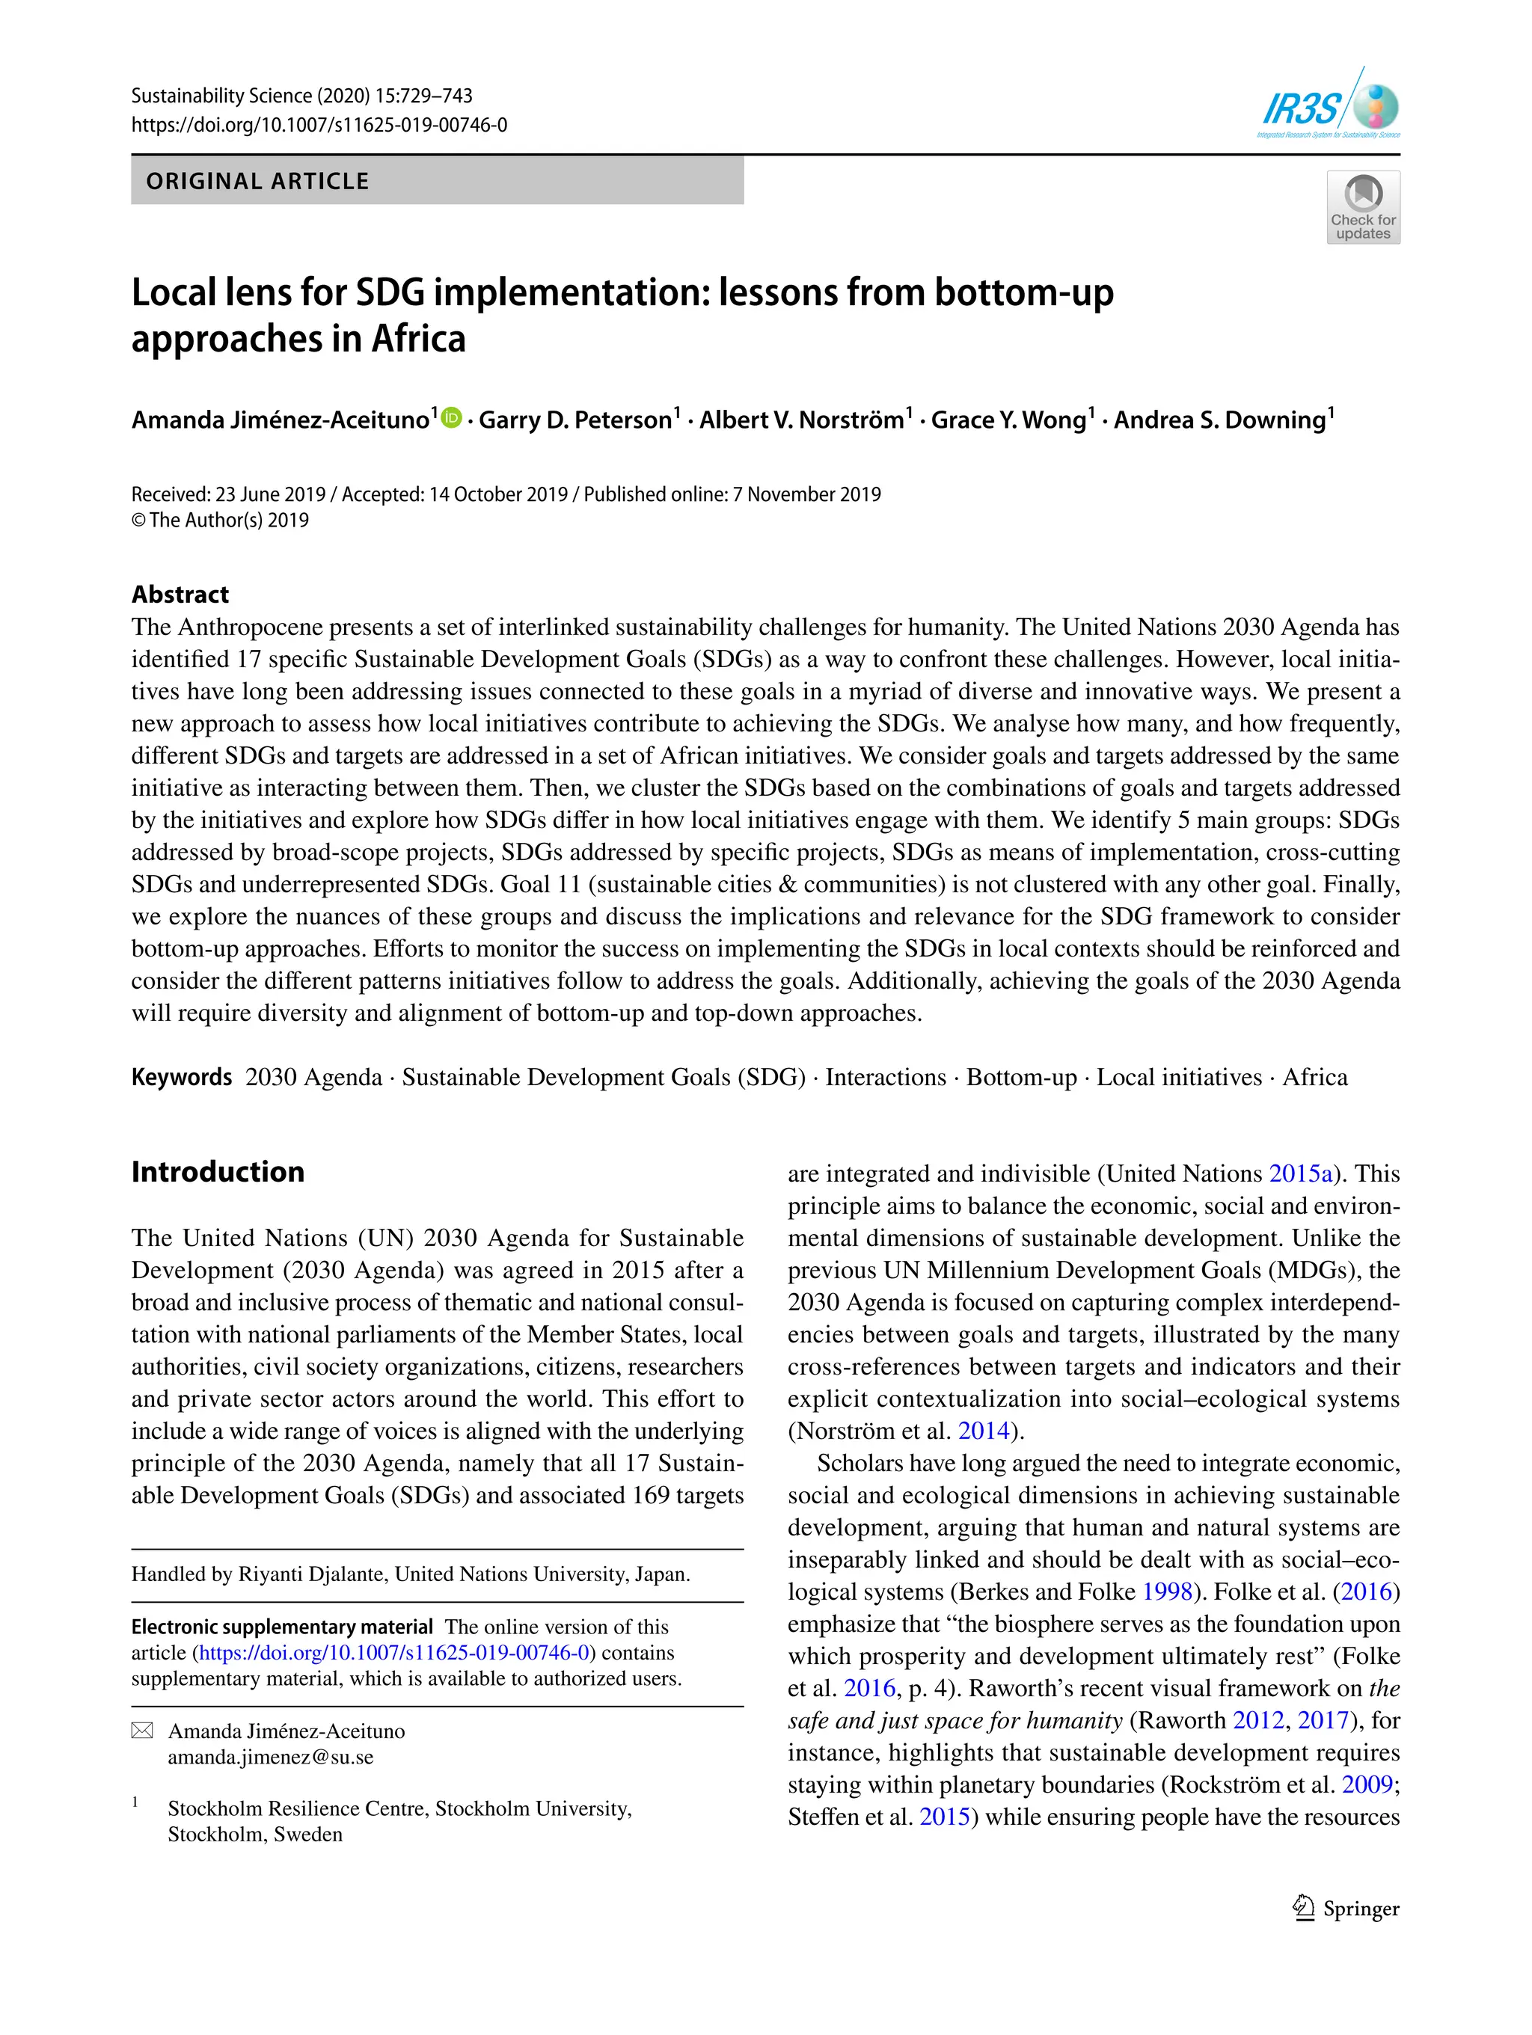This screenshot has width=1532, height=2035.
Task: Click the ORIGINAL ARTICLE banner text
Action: coord(257,181)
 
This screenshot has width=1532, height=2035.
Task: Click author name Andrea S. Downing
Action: coord(1219,420)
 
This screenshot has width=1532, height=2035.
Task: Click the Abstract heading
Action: coord(180,595)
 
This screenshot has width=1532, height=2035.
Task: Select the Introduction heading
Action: coord(218,1171)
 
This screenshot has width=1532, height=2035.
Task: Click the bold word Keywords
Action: coord(181,1077)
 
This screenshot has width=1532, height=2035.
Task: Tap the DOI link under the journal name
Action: coord(319,125)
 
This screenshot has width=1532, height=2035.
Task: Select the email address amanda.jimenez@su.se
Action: coord(271,1758)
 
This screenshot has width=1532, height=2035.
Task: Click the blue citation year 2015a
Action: coord(1300,1174)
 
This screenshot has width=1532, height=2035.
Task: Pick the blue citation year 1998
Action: coord(1167,1592)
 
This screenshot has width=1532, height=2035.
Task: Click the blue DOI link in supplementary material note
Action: coord(393,1654)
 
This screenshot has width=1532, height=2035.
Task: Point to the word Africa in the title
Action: coord(419,339)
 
